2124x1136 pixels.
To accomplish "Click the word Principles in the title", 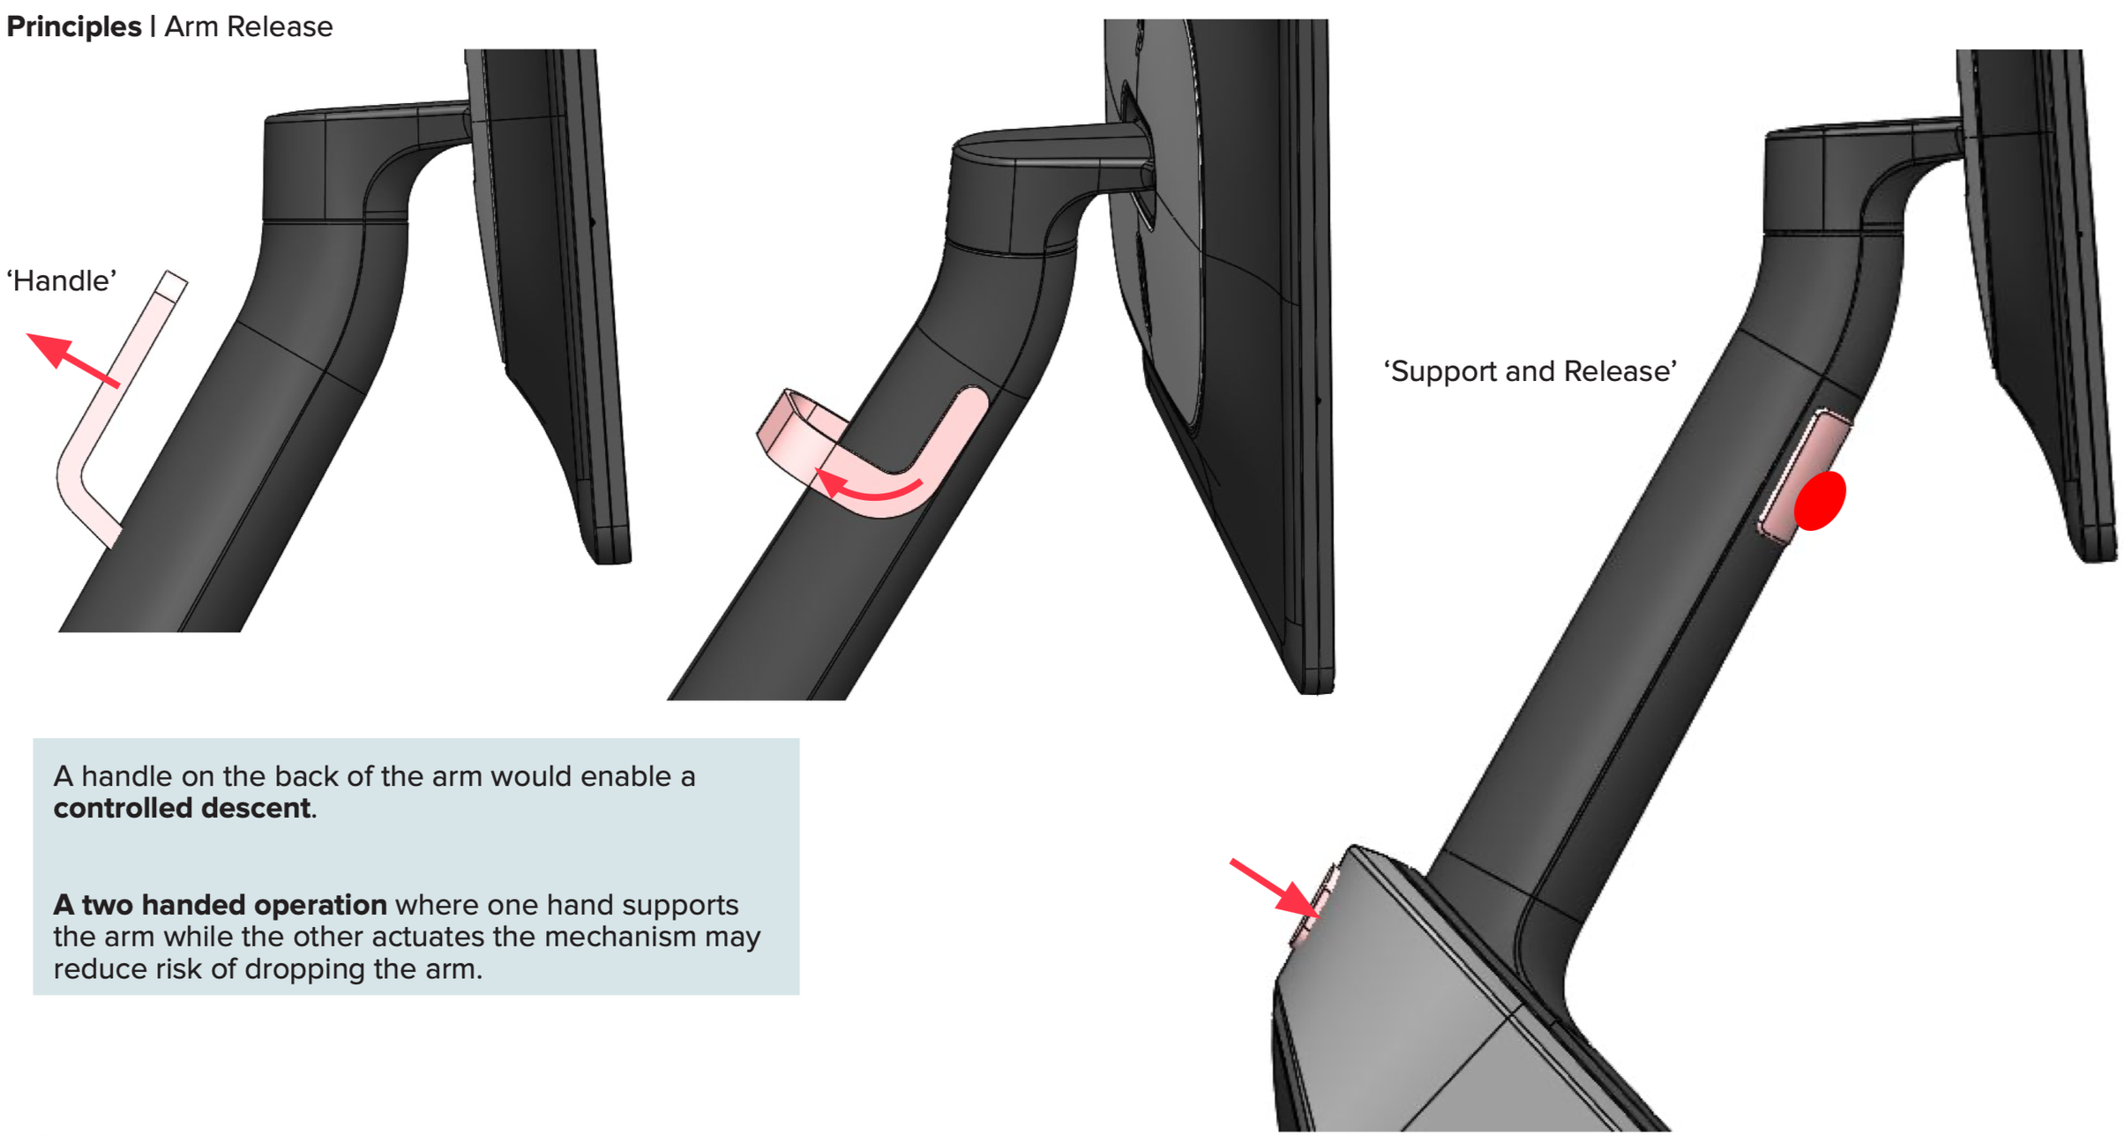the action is [73, 26].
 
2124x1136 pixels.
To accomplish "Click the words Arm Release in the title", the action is [248, 26].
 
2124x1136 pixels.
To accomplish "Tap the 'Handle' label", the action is [62, 280].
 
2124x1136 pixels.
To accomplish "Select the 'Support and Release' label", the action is [1529, 371].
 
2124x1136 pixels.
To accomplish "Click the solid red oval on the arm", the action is [1820, 500].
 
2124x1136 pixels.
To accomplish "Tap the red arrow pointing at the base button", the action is [1275, 889].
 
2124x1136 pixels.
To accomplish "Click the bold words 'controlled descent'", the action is [182, 808].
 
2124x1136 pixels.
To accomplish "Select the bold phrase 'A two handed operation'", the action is [220, 905].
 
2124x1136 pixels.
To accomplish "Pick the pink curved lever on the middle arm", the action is [882, 459].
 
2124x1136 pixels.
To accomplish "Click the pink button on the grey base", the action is [1314, 908].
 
